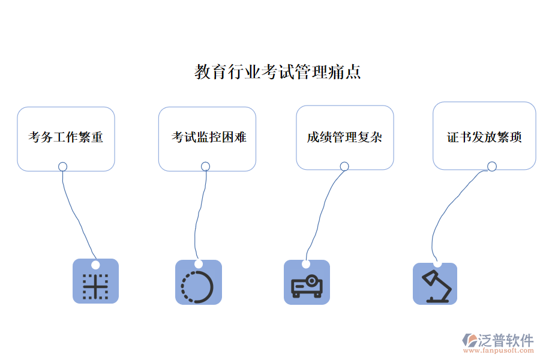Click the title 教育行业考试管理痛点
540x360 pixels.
coord(277,72)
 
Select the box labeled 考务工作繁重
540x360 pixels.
coord(66,137)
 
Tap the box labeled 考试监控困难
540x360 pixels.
coord(207,137)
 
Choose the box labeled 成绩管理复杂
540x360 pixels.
coord(344,137)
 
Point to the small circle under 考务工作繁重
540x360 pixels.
coord(62,166)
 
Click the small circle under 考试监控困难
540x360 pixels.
coord(205,166)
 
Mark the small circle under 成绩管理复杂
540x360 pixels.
coord(344,166)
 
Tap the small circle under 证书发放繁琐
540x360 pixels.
coord(492,166)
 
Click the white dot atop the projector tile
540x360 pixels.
coord(306,264)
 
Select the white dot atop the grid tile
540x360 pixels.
coord(95,265)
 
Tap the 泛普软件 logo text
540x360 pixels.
coord(505,340)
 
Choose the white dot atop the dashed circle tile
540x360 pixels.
coord(199,264)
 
